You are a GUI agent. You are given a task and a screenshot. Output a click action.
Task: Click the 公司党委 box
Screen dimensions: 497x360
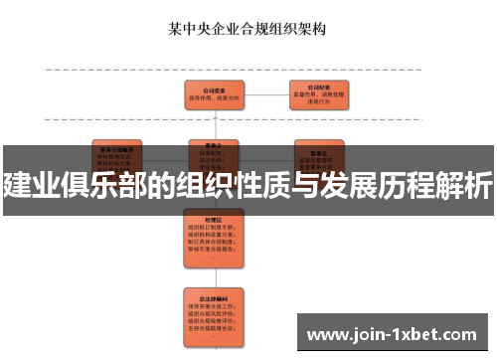tap(214, 94)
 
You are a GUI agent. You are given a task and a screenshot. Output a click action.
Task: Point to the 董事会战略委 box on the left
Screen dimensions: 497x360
tap(116, 151)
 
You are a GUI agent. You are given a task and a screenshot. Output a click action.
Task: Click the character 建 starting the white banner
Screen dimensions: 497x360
tap(17, 185)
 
